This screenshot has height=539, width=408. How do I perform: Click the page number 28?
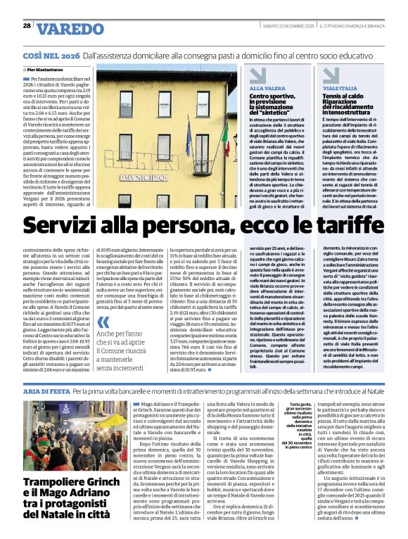(x=27, y=26)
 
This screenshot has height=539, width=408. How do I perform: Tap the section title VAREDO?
(x=70, y=28)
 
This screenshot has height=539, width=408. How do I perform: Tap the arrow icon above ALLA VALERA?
(x=257, y=75)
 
